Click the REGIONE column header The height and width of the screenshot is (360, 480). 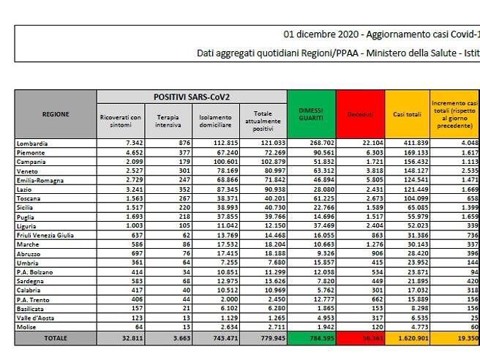click(56, 114)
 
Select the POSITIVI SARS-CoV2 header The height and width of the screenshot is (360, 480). click(192, 97)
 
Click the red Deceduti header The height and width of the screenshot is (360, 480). click(361, 114)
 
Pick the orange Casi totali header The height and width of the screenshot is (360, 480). click(408, 114)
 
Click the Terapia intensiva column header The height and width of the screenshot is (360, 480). click(167, 121)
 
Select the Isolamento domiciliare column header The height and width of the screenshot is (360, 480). click(215, 121)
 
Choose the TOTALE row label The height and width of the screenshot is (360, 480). click(56, 339)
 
